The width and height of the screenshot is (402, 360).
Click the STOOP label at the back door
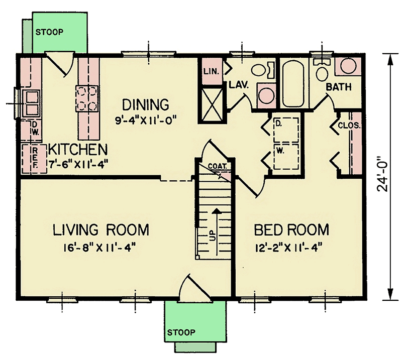tap(49, 32)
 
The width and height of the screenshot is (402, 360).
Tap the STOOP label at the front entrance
tap(181, 332)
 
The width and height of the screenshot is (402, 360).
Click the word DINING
tap(145, 104)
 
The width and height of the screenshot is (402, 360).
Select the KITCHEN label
tap(78, 150)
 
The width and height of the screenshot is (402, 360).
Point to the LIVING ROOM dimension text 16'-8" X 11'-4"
tap(99, 248)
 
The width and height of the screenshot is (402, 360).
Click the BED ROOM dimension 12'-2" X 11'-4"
tap(288, 248)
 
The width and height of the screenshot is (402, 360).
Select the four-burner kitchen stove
tap(87, 98)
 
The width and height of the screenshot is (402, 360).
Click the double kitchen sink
tap(31, 103)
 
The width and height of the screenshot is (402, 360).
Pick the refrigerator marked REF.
tap(34, 159)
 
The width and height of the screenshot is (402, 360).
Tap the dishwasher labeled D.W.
tap(31, 130)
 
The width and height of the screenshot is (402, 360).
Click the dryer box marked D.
tap(286, 130)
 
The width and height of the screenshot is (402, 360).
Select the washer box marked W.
tap(286, 156)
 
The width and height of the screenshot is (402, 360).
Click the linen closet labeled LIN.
tap(212, 71)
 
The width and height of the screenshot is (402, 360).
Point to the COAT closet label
tap(218, 166)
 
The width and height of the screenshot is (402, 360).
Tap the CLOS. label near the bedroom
tap(349, 126)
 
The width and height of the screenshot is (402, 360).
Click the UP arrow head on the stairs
tap(217, 210)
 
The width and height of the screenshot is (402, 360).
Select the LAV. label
tap(239, 85)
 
